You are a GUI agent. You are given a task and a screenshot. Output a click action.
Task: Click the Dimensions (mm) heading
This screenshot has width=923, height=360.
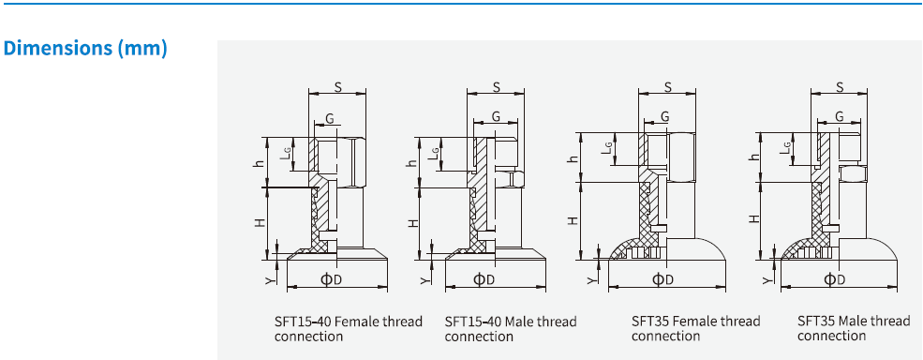tap(86, 49)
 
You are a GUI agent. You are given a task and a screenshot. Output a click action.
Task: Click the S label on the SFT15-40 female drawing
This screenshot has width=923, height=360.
tap(337, 87)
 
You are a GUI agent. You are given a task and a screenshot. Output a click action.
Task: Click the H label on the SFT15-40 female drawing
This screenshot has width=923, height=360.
tap(261, 223)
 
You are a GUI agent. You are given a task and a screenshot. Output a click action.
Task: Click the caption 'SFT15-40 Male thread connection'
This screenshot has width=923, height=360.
tap(510, 328)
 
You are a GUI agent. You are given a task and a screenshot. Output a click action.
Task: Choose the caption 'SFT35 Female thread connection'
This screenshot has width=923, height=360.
tap(695, 328)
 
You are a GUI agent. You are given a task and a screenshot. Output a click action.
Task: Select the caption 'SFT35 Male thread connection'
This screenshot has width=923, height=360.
tap(853, 328)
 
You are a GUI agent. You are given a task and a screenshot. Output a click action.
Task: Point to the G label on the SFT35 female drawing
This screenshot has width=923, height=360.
tap(664, 116)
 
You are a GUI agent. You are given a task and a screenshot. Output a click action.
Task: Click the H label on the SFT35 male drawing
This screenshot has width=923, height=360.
tap(753, 218)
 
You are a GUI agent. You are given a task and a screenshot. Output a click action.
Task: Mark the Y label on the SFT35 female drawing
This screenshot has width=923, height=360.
tap(590, 278)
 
